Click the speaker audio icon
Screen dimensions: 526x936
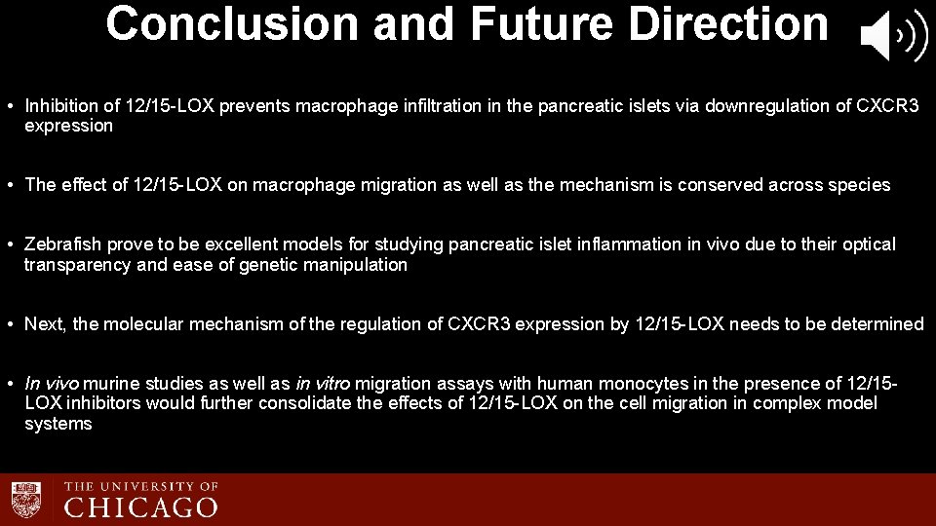click(892, 37)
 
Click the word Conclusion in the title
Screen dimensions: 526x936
click(232, 23)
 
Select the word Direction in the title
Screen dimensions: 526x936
click(728, 23)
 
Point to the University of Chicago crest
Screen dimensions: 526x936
click(27, 497)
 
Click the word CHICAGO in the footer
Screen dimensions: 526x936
click(141, 507)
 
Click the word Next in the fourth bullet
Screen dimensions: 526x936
click(45, 324)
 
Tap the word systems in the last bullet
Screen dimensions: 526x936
click(58, 424)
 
